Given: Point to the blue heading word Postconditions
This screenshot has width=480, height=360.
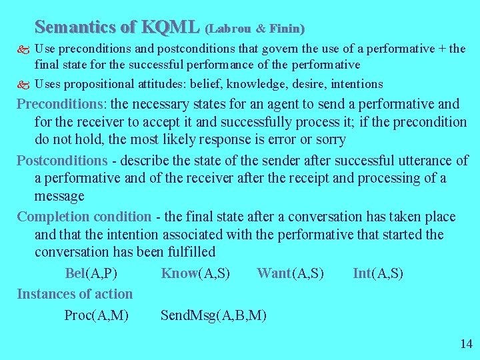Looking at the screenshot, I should pos(62,161).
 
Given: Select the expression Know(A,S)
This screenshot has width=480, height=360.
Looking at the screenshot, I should pos(195,273).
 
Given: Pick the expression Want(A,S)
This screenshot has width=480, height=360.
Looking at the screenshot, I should pos(290,273).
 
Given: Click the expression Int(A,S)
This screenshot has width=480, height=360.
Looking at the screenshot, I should pos(378,273).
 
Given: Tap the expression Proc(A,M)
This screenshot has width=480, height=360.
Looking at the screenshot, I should pos(96,315).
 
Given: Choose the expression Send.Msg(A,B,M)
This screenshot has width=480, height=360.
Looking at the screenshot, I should pos(213,315).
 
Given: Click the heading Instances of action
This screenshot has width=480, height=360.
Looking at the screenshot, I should pos(75,294).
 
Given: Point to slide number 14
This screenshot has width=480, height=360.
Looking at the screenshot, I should pos(465,344).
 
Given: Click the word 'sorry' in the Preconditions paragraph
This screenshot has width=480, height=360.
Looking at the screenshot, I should pos(331,140).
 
